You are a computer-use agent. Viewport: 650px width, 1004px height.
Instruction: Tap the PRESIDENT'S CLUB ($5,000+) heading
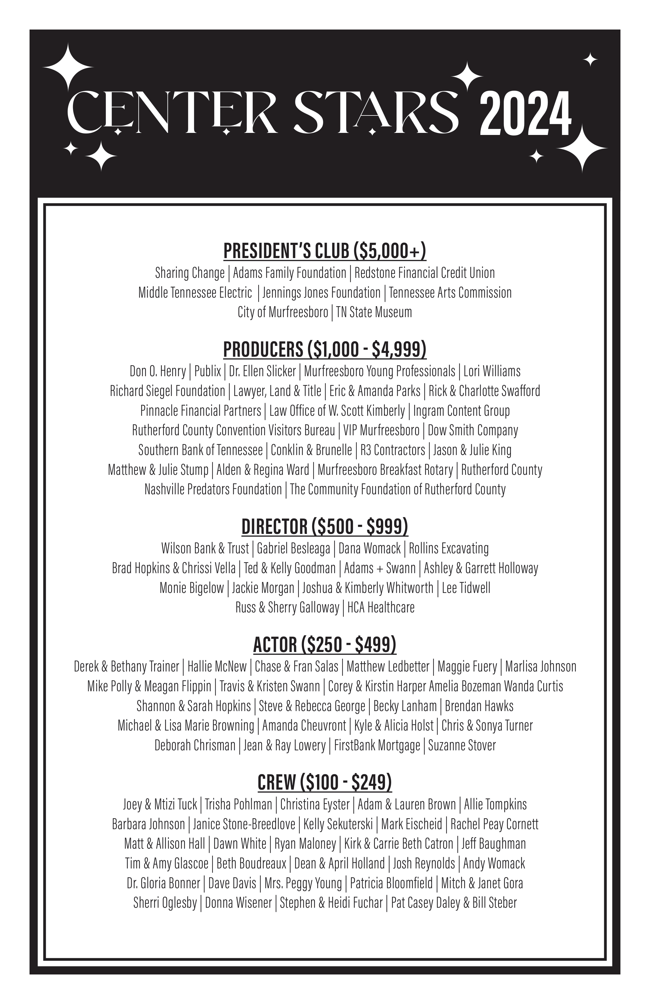(x=325, y=251)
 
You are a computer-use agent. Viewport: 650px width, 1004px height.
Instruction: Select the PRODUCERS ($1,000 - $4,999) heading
(x=325, y=349)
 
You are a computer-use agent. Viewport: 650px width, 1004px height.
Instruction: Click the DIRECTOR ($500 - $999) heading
(x=325, y=527)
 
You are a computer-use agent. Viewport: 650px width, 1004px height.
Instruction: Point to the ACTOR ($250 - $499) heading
(x=325, y=645)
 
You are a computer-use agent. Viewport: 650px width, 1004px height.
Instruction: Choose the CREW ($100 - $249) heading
(x=325, y=782)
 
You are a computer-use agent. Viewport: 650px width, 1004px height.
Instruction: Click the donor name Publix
(x=207, y=371)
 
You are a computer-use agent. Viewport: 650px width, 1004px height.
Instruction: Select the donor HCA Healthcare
(x=381, y=607)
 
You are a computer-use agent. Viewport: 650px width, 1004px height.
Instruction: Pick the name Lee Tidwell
(x=466, y=588)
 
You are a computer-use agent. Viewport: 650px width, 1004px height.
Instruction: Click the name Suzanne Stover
(x=462, y=745)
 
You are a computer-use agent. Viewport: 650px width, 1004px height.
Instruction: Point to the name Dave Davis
(x=232, y=883)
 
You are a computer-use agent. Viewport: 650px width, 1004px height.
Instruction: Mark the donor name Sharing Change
(x=190, y=273)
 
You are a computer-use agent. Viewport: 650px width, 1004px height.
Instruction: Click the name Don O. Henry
(x=158, y=371)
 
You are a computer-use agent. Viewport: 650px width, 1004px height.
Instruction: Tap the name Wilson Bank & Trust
(x=205, y=548)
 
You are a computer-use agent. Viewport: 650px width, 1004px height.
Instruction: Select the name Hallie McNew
(x=217, y=666)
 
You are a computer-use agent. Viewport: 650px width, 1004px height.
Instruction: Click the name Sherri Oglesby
(x=165, y=903)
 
